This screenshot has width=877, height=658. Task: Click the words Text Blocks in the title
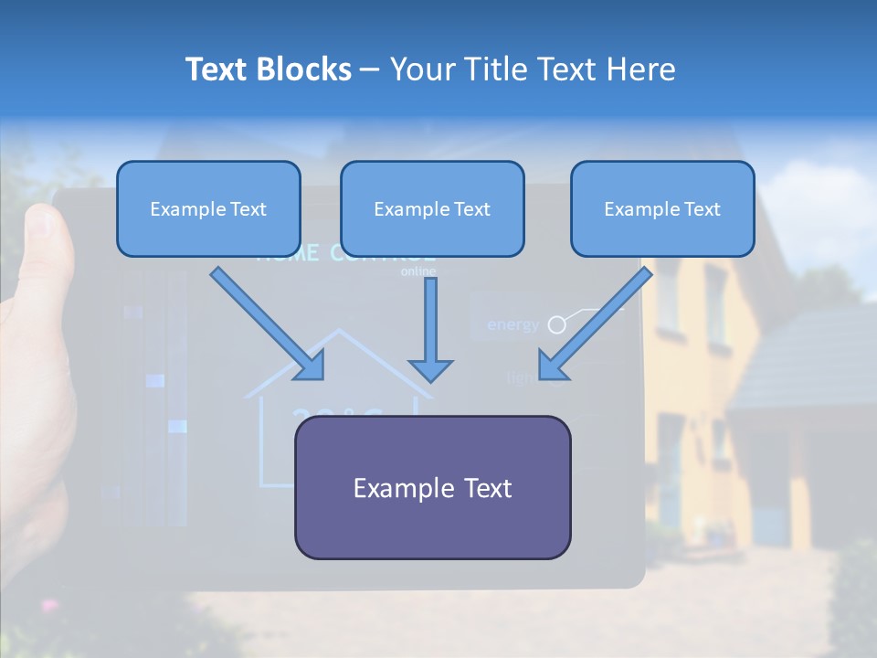pyautogui.click(x=268, y=69)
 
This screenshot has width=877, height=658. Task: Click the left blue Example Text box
pyautogui.click(x=208, y=208)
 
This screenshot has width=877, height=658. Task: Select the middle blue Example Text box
pyautogui.click(x=432, y=208)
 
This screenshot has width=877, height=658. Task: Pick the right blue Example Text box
pyautogui.click(x=662, y=208)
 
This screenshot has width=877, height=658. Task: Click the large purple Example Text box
pyautogui.click(x=432, y=488)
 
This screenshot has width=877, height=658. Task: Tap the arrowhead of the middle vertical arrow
pyautogui.click(x=431, y=370)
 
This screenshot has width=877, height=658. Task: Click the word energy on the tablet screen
pyautogui.click(x=512, y=324)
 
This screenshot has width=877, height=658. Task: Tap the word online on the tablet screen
pyautogui.click(x=418, y=271)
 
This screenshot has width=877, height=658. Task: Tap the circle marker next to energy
pyautogui.click(x=555, y=324)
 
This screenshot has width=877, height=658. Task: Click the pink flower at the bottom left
pyautogui.click(x=48, y=605)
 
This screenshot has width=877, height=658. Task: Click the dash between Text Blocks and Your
pyautogui.click(x=370, y=69)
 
